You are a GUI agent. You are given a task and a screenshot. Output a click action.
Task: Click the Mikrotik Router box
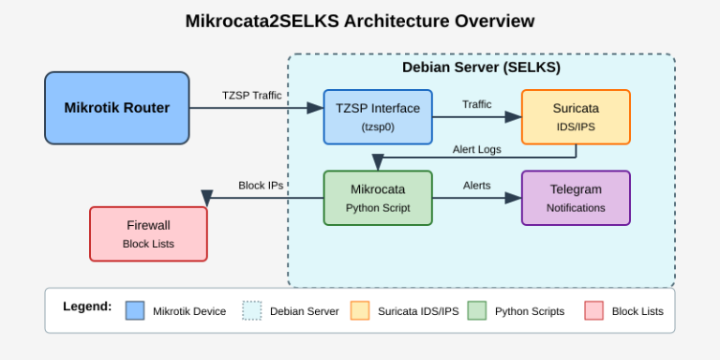pyautogui.click(x=117, y=108)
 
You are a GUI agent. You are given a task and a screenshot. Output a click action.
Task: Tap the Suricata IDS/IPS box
pyautogui.click(x=576, y=116)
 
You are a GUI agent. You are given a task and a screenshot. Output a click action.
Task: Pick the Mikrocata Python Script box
pyautogui.click(x=378, y=198)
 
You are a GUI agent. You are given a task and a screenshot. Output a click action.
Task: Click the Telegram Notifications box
pyautogui.click(x=576, y=198)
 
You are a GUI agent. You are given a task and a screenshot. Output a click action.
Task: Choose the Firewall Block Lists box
pyautogui.click(x=148, y=233)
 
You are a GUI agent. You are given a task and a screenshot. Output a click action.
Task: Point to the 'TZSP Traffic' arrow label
pyautogui.click(x=251, y=96)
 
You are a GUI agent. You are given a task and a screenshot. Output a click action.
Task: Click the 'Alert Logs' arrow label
pyautogui.click(x=476, y=149)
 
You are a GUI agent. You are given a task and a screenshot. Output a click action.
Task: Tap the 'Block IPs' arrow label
pyautogui.click(x=261, y=186)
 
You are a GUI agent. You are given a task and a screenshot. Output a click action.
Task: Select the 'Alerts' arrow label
pyautogui.click(x=476, y=186)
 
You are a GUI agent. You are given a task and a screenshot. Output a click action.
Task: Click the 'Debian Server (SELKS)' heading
pyautogui.click(x=481, y=68)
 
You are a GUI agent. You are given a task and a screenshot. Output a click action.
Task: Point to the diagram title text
pyautogui.click(x=360, y=21)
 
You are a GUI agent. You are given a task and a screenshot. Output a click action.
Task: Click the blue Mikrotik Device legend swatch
pyautogui.click(x=135, y=310)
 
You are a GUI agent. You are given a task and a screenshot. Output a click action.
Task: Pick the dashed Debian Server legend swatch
pyautogui.click(x=252, y=310)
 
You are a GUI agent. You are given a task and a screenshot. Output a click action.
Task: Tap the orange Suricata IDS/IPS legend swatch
pyautogui.click(x=360, y=310)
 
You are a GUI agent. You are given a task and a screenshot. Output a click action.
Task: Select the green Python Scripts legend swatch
pyautogui.click(x=477, y=310)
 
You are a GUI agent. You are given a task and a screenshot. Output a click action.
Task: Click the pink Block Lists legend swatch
pyautogui.click(x=593, y=310)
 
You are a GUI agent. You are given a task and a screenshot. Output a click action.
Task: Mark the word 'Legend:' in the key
pyautogui.click(x=87, y=307)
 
